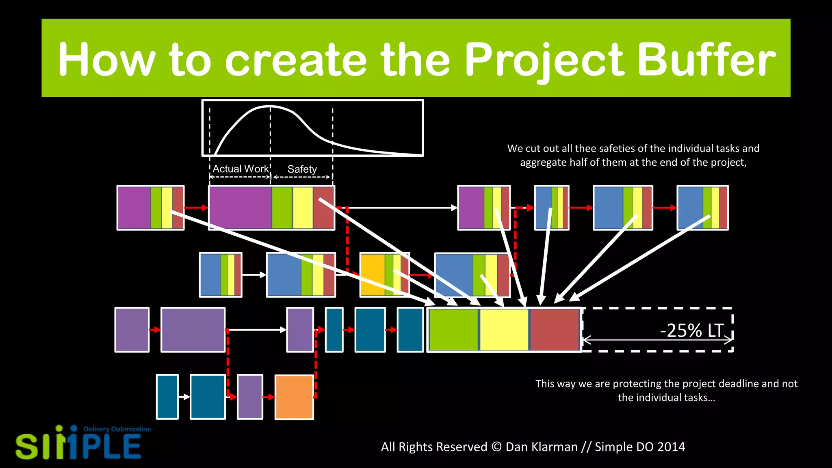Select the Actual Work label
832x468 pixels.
[x=240, y=169]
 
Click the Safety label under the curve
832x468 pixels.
[x=302, y=169]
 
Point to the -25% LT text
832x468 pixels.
[x=692, y=330]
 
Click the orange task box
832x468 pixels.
[x=294, y=397]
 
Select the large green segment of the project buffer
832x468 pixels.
[x=454, y=329]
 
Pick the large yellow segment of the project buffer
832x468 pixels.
[x=504, y=329]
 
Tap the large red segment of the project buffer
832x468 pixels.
[x=555, y=329]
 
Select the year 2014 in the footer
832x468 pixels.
[x=671, y=447]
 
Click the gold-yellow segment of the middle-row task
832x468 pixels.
[x=373, y=275]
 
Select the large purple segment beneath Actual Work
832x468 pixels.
[x=240, y=208]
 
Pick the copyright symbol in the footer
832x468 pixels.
[x=496, y=447]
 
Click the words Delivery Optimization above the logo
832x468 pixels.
[x=117, y=429]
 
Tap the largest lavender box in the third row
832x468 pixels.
[x=193, y=329]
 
